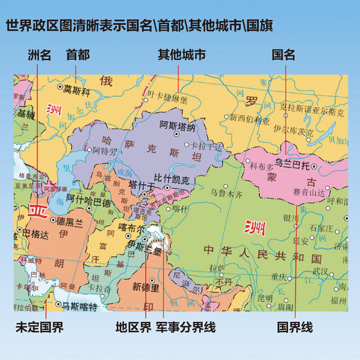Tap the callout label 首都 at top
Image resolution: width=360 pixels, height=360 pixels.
point(78,53)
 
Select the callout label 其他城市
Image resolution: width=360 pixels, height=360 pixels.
point(181,53)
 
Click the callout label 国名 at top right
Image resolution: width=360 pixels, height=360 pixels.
point(284,53)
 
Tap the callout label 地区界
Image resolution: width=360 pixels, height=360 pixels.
point(128,322)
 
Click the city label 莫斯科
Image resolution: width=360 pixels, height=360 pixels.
point(77,89)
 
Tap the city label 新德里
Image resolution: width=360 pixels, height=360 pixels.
point(146,287)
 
